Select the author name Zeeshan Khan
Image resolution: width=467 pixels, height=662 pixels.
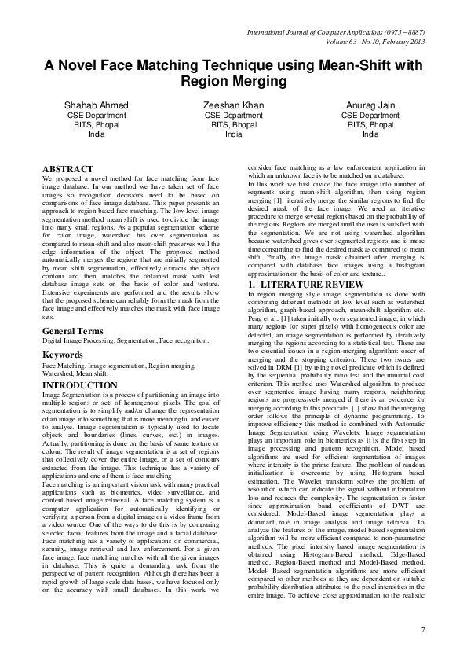pyautogui.click(x=234, y=105)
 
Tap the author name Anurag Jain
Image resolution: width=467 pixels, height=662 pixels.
pyautogui.click(x=370, y=105)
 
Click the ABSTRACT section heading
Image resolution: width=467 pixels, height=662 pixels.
pyautogui.click(x=67, y=169)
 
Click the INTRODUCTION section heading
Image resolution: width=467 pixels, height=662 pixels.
pyautogui.click(x=80, y=386)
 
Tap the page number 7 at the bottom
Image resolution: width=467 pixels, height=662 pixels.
pyautogui.click(x=422, y=629)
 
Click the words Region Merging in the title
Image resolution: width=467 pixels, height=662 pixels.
pyautogui.click(x=233, y=81)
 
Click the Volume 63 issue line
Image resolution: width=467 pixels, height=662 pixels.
pyautogui.click(x=356, y=42)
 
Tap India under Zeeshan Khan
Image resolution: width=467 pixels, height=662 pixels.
pyautogui.click(x=234, y=134)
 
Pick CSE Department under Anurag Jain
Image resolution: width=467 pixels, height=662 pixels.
pyautogui.click(x=370, y=115)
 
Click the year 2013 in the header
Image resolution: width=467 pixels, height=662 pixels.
pyautogui.click(x=414, y=42)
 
